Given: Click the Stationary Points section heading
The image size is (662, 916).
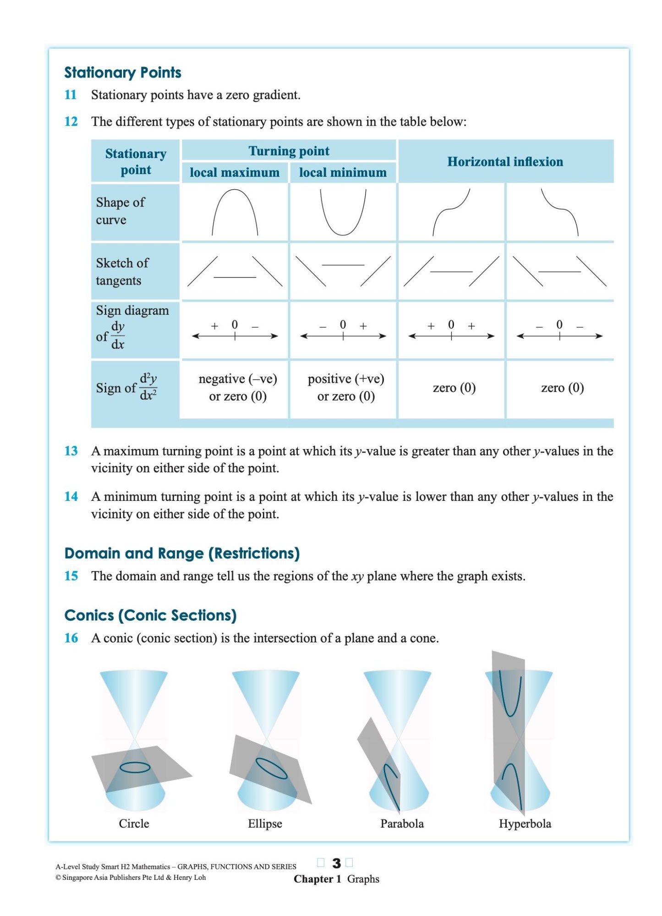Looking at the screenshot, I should [122, 72].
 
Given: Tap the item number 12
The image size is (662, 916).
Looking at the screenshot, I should [71, 121].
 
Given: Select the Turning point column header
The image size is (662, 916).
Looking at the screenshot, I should [289, 151].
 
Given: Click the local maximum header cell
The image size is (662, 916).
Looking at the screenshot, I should [235, 172].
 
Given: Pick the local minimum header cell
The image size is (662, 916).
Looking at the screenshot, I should [343, 172].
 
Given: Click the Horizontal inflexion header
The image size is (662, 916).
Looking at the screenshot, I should [505, 161].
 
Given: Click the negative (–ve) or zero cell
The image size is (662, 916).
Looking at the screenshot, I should [238, 387].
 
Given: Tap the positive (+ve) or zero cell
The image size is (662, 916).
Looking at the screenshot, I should [346, 387].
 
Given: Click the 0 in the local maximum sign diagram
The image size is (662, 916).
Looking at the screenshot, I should [235, 324].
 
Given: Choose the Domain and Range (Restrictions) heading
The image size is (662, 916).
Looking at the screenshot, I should [182, 553].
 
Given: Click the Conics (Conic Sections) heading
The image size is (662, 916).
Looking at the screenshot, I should [150, 615].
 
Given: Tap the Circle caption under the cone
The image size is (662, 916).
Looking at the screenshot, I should [134, 823].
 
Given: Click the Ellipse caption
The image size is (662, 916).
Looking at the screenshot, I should [265, 823].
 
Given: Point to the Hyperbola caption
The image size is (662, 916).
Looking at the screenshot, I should [525, 823].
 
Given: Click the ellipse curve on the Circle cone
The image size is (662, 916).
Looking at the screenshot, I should [135, 767].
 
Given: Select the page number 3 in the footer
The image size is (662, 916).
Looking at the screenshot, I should [336, 863].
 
